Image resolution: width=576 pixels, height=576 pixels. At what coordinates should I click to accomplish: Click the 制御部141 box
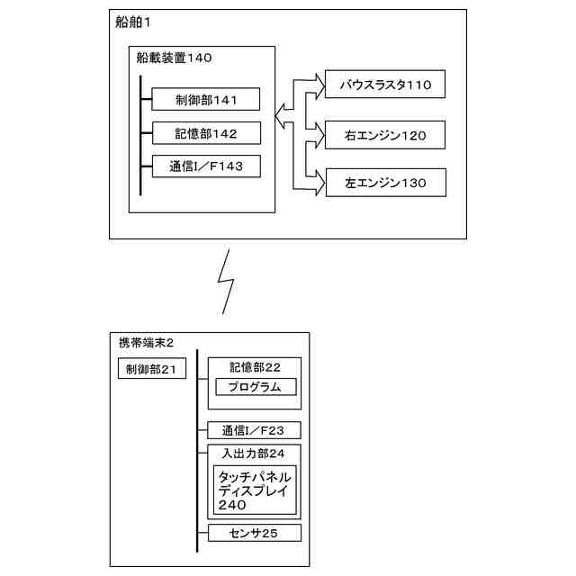point(206,99)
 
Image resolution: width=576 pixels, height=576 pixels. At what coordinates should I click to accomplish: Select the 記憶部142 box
point(206,133)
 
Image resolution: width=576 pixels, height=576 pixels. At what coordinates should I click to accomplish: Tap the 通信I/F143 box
point(206,166)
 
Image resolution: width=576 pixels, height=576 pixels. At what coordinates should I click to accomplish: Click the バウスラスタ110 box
point(385,85)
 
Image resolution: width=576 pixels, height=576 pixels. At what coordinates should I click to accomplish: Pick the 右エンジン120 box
point(385,136)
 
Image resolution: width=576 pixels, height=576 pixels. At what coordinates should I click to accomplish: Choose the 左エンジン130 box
point(385,184)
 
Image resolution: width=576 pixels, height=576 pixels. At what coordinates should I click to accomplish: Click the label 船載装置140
point(174,58)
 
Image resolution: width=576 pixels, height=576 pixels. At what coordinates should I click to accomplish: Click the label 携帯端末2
point(146,343)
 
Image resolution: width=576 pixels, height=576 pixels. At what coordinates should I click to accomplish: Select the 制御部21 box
point(151,370)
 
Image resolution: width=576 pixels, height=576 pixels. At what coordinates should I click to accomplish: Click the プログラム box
point(256,387)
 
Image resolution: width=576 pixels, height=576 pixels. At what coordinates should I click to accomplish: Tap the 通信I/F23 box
point(255,430)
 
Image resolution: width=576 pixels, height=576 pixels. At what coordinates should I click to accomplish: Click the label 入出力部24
point(255,452)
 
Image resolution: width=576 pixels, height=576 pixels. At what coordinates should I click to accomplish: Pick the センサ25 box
point(255,534)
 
